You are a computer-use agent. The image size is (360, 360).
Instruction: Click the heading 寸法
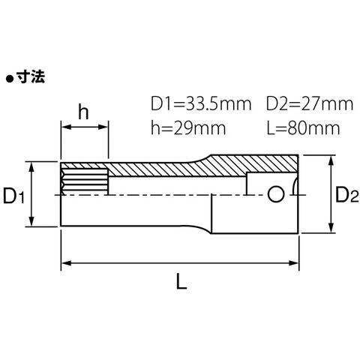[x=31, y=76]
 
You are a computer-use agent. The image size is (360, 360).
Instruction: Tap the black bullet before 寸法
[x=10, y=79]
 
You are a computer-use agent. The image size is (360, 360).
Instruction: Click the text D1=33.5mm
[x=201, y=104]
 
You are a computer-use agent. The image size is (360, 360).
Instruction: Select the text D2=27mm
[x=310, y=104]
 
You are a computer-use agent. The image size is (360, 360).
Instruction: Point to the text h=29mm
[x=188, y=128]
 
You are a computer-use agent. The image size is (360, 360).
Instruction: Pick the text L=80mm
[x=303, y=128]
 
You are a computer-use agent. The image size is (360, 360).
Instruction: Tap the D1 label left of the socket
[x=14, y=196]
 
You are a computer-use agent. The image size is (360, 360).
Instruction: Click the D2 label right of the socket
[x=347, y=195]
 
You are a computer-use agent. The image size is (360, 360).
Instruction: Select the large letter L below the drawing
[x=181, y=281]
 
